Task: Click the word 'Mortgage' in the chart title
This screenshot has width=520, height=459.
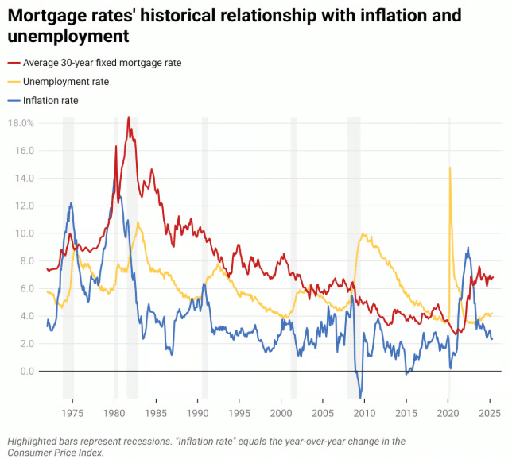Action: (50, 15)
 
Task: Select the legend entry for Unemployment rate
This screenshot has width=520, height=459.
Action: (66, 81)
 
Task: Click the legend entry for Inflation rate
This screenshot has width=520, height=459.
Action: (50, 100)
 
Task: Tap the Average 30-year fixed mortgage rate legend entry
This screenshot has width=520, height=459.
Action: (102, 63)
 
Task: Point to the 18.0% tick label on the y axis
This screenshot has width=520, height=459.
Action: (21, 123)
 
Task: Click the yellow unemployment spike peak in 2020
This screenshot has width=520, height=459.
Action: (450, 167)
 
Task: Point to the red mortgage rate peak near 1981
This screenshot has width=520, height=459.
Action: (128, 118)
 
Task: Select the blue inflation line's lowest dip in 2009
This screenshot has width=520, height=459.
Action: (360, 397)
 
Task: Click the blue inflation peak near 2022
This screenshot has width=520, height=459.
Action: (468, 248)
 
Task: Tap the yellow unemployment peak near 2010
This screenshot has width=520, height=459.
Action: (363, 234)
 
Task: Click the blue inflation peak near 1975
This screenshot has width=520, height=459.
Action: (71, 203)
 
